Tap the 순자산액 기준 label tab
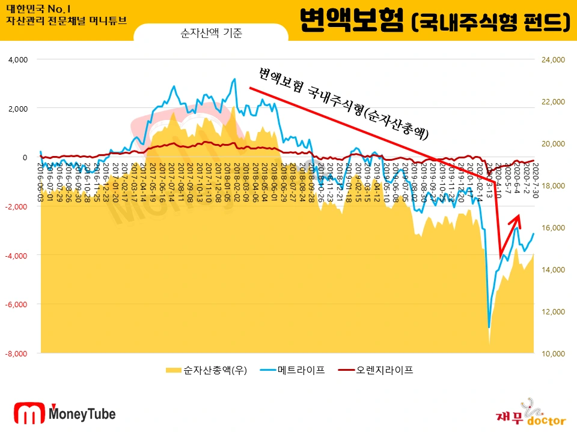pos(210,34)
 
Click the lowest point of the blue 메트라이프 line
pos(489,328)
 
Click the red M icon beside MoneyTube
pos(29,414)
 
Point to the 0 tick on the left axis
pos(25,157)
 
